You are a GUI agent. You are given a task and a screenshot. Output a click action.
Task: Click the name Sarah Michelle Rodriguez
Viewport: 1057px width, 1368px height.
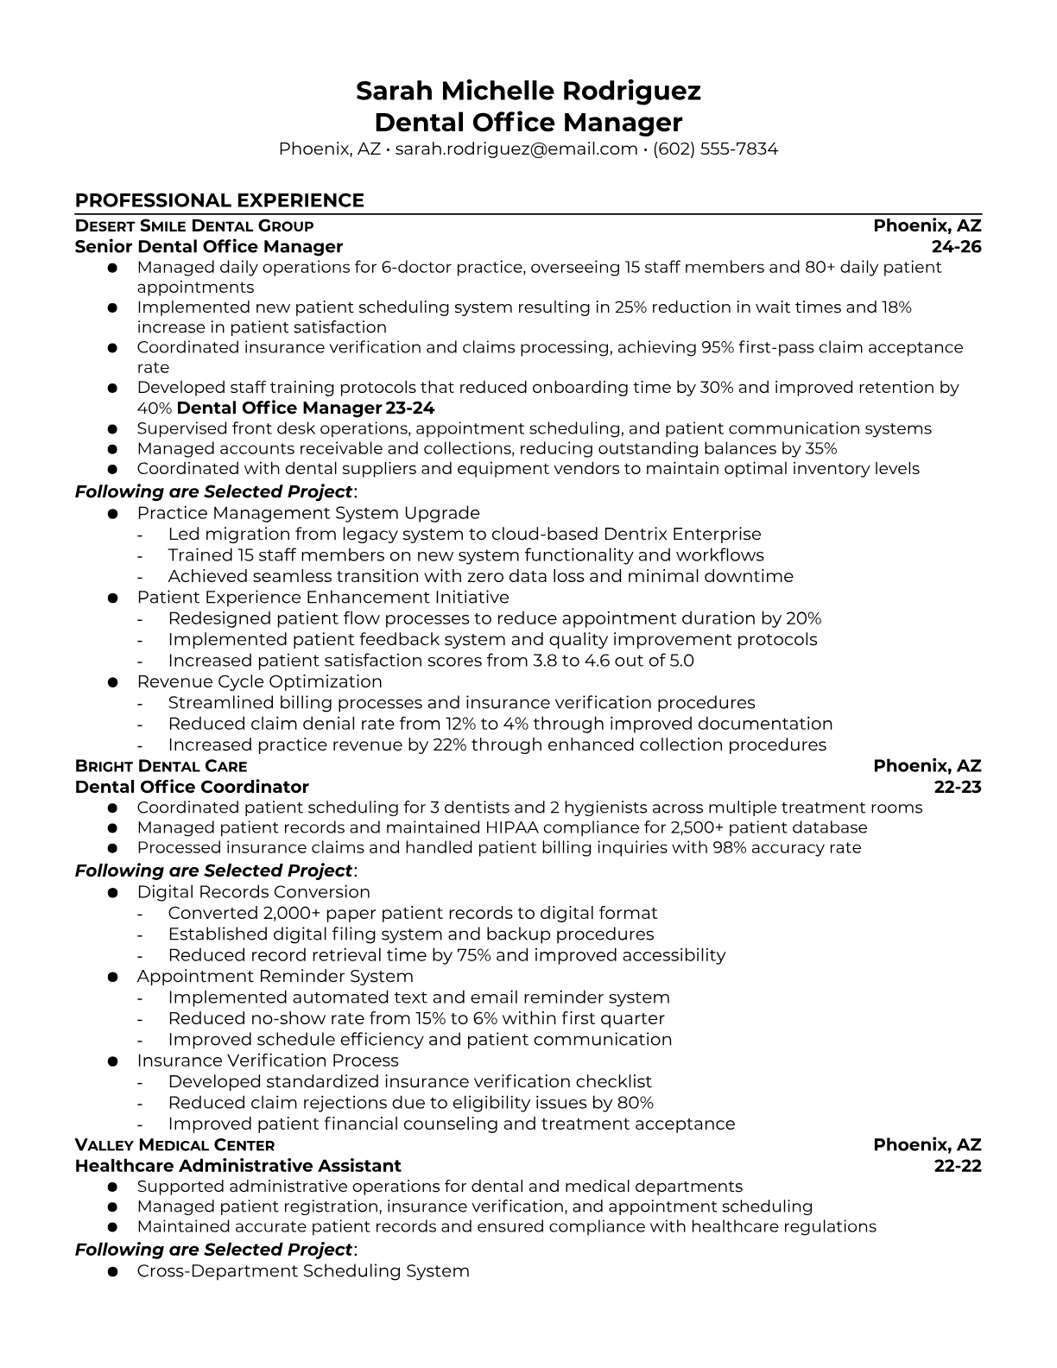coord(528,91)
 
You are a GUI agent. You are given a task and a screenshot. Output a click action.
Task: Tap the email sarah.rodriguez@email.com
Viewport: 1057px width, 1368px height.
coord(516,149)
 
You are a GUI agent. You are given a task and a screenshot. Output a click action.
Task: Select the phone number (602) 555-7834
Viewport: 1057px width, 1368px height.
coord(715,149)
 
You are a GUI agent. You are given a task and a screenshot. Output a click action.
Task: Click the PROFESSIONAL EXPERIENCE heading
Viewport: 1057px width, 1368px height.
coord(219,200)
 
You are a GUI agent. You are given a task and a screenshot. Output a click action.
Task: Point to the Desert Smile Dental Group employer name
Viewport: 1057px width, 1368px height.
coord(194,226)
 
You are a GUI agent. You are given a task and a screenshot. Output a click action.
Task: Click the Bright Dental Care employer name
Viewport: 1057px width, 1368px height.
coord(161,766)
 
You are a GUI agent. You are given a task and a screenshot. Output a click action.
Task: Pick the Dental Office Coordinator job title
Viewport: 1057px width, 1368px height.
coord(192,787)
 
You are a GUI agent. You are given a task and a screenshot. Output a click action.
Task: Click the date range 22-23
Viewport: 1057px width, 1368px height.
coord(958,787)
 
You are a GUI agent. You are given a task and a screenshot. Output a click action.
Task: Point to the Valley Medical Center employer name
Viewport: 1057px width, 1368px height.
coord(174,1145)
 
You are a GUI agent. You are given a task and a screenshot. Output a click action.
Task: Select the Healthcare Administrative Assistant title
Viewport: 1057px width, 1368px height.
coord(238,1166)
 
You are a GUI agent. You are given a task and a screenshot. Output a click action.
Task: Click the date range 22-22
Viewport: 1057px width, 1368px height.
coord(958,1166)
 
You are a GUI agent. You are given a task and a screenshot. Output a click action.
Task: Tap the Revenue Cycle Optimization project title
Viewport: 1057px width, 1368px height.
coord(259,681)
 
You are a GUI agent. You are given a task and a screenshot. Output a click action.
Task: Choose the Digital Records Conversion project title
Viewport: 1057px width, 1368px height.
coord(253,892)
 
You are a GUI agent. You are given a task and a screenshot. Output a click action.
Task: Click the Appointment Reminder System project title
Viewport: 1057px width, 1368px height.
coord(275,976)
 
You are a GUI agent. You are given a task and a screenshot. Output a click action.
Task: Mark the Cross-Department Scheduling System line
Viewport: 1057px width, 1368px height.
coord(303,1271)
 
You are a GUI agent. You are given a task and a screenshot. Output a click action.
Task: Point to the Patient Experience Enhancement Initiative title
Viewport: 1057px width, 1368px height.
coord(323,598)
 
